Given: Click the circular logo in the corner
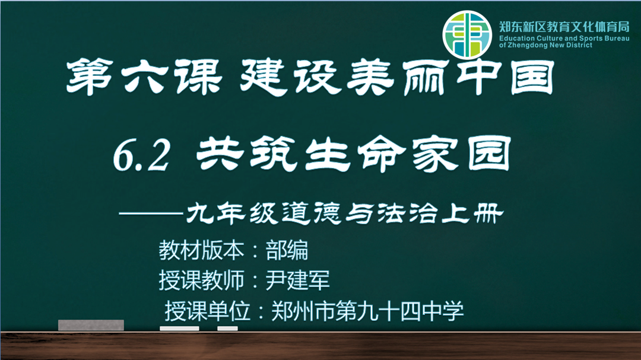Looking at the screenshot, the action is (x=467, y=35).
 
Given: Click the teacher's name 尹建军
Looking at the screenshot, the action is (x=297, y=281).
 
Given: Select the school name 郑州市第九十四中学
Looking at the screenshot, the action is (x=367, y=311).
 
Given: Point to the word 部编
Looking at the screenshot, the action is (x=287, y=250).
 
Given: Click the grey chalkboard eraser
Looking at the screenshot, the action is (x=91, y=325).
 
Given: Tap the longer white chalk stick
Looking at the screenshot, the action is (x=179, y=328).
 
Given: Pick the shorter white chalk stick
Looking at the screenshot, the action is (x=227, y=328).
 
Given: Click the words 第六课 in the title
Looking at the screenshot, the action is (x=144, y=77).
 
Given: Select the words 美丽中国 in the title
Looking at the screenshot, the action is (x=450, y=78).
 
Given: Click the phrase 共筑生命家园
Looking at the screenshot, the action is (x=354, y=154).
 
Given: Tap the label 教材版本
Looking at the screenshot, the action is (x=201, y=250).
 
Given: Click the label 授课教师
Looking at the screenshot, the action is (x=201, y=281).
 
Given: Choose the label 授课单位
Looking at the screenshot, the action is (x=207, y=311).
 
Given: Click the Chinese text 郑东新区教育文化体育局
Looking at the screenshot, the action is (x=564, y=27).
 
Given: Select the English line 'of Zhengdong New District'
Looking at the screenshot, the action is (x=545, y=45).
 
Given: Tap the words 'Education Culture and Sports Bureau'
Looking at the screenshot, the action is (x=564, y=38).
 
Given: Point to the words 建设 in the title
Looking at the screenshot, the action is (x=291, y=77).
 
